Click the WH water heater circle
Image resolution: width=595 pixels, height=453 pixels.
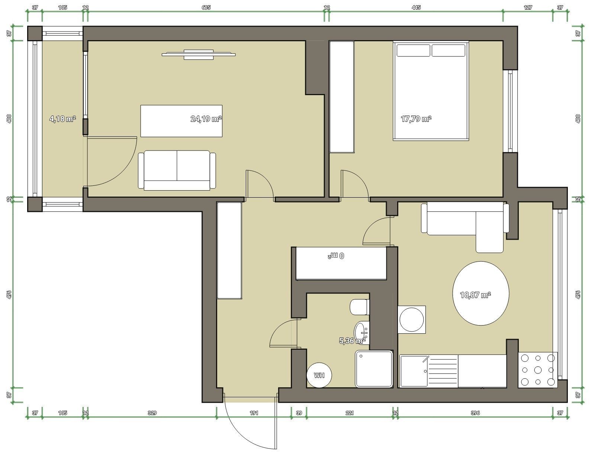tap(319, 375)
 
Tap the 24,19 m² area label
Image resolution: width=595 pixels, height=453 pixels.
tap(206, 119)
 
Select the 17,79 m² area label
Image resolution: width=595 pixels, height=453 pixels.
tap(416, 119)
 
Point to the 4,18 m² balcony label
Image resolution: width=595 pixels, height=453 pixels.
tap(62, 119)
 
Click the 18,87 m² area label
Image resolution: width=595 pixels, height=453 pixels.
tap(476, 295)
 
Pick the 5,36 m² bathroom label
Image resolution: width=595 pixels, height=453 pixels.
tap(352, 341)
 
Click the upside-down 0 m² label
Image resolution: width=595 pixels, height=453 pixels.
tap(336, 256)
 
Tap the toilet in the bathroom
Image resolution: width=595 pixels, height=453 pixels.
tap(360, 307)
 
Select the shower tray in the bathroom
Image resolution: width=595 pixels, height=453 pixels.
tap(374, 369)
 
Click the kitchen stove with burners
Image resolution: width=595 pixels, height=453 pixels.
tap(538, 370)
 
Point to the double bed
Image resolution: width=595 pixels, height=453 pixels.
tap(431, 91)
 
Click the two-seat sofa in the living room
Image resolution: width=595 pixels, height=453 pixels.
tap(177, 170)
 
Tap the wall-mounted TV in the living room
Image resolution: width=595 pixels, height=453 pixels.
tap(199, 54)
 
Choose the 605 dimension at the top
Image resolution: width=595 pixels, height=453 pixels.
tap(206, 7)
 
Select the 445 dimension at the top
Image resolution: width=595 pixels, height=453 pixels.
tap(416, 7)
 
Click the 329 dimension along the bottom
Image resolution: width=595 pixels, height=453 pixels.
tap(152, 413)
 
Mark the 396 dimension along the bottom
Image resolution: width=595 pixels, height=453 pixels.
tap(475, 413)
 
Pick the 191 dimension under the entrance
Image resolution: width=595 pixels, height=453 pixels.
tap(254, 413)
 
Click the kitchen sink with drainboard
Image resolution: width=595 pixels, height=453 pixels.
tap(429, 371)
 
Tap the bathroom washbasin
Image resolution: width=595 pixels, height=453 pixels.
tap(361, 333)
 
